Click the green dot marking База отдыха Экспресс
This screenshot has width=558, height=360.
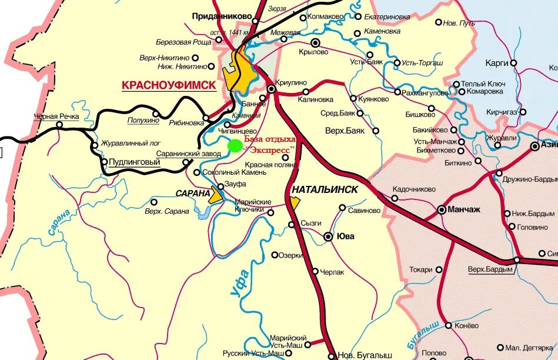[x=235, y=146]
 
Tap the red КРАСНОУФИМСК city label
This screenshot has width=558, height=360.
[x=169, y=85]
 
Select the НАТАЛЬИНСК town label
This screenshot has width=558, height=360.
[x=325, y=190]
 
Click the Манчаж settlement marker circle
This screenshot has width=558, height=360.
[x=442, y=209]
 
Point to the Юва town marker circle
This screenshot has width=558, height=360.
[x=329, y=236]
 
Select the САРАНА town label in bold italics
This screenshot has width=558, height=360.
[x=193, y=193]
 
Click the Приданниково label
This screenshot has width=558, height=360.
[x=221, y=16]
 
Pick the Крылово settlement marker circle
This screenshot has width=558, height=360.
[x=316, y=42]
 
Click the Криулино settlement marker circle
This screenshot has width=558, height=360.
[x=272, y=89]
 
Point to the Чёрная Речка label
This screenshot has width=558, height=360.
[x=56, y=116]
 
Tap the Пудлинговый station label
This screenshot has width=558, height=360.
[x=135, y=162]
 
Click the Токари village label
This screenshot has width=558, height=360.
[x=421, y=269]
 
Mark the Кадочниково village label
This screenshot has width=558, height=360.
[x=414, y=189]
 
